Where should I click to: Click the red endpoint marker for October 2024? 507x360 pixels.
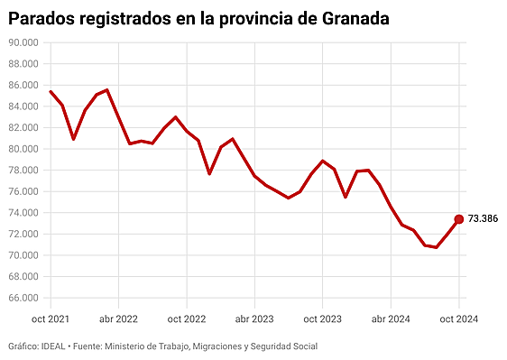click(x=458, y=219)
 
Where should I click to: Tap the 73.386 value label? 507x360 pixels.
click(x=484, y=219)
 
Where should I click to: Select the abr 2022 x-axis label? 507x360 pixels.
click(x=118, y=318)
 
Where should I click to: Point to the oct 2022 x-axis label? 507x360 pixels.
click(x=187, y=318)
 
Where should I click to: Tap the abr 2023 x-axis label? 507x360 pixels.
click(x=255, y=318)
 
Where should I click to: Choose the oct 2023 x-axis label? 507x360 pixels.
click(x=323, y=318)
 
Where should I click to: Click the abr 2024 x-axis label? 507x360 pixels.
click(x=392, y=318)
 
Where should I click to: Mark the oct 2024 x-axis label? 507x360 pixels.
click(x=458, y=318)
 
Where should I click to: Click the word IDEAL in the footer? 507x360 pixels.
click(x=54, y=346)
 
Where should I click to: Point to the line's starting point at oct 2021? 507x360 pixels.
click(x=51, y=91)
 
